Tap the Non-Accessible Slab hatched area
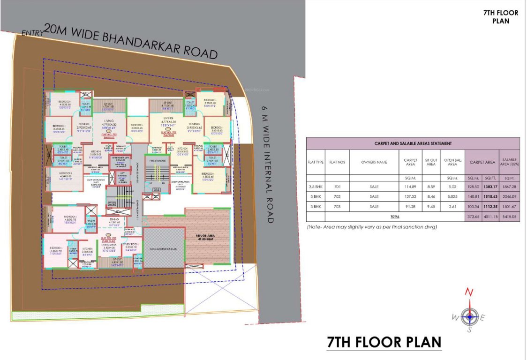163,247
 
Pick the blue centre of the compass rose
469,317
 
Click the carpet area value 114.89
411,187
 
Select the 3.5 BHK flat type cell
316,187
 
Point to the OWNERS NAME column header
374,162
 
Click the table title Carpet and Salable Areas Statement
413,143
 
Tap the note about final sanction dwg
372,227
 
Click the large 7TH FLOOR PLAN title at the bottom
384,342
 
